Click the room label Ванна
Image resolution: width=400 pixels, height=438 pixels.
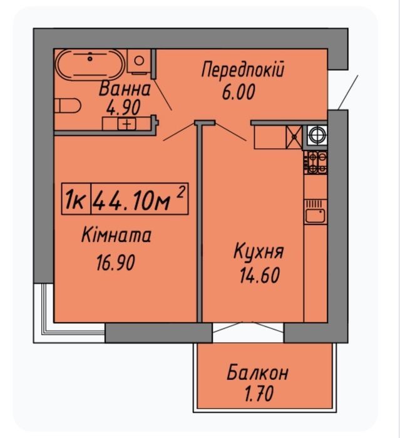coord(125,89)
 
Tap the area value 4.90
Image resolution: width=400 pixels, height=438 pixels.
coord(123,108)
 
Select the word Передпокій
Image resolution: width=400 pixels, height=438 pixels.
coord(243,70)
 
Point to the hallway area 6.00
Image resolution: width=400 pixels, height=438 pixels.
coord(238,92)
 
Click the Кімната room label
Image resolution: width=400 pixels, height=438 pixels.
coord(116,235)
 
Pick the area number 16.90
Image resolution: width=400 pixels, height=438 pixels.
coord(116,263)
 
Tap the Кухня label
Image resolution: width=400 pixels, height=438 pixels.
coord(259,251)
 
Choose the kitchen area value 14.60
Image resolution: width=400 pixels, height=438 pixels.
coord(260,276)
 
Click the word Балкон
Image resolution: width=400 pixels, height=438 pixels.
coord(257,373)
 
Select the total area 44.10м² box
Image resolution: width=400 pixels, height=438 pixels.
coord(140,199)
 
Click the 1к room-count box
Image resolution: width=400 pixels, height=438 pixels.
coord(76,199)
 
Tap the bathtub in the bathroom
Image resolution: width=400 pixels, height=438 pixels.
coord(90,64)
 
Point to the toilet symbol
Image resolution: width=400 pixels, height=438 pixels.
coord(68,106)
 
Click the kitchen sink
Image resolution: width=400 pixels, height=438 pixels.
coord(315,215)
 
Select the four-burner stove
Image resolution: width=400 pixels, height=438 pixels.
coord(315,162)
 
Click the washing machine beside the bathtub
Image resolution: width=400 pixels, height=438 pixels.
coord(139,61)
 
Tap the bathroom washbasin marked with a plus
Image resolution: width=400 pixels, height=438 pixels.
coord(127,123)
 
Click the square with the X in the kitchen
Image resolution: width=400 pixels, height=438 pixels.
coord(294,137)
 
